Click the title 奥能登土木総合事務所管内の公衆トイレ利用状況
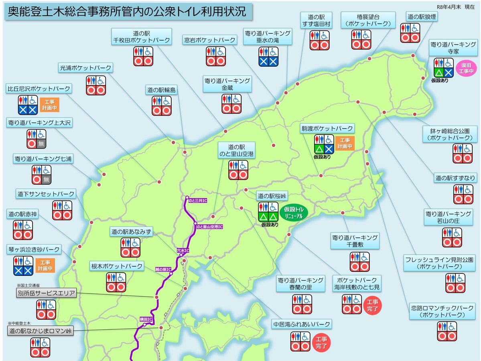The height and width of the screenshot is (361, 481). [x=128, y=12]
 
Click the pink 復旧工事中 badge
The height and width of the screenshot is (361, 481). [x=466, y=68]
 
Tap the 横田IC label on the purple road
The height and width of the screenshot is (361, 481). [x=145, y=319]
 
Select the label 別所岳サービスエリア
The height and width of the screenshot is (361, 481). [x=47, y=293]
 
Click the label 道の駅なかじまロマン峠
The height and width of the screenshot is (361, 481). [x=41, y=331]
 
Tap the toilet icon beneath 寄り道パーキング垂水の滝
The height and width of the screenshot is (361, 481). [x=268, y=57]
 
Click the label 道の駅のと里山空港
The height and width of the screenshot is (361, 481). [x=236, y=151]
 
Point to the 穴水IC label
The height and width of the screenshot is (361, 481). [x=183, y=251]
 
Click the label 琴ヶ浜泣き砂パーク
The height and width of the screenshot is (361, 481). [x=34, y=250]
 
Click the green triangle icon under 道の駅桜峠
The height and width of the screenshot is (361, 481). [x=263, y=217]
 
